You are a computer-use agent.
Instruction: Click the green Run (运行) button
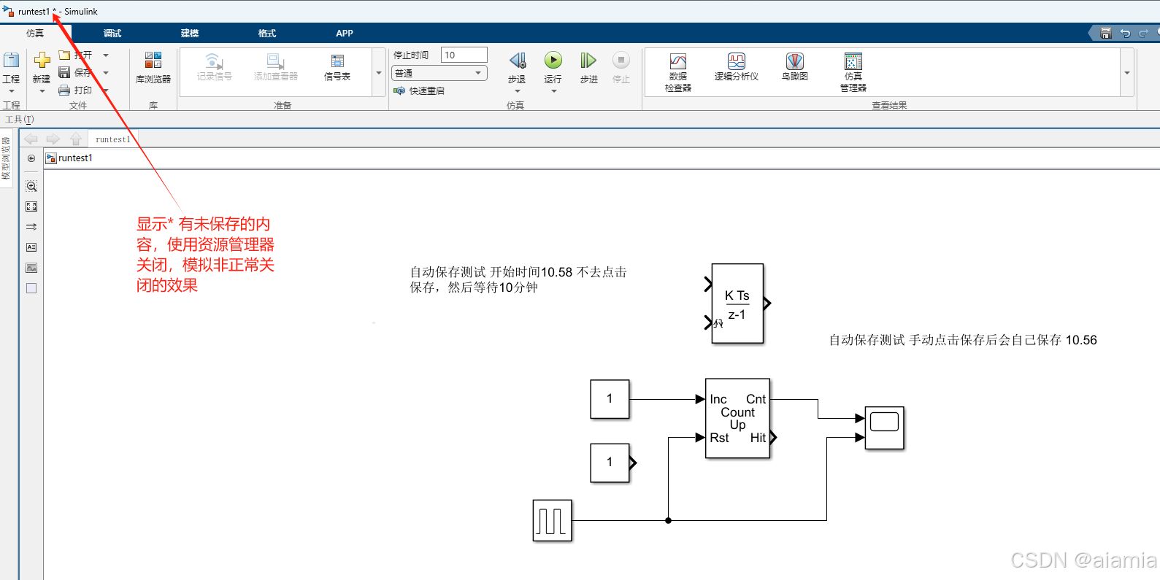[553, 61]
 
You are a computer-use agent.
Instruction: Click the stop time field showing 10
[464, 55]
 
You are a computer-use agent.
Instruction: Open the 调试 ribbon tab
[112, 34]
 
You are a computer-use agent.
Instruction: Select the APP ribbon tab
[345, 34]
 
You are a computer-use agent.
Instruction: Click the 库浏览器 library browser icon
[153, 61]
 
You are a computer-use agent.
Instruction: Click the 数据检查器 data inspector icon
[678, 62]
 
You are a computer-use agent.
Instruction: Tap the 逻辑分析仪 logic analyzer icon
[737, 62]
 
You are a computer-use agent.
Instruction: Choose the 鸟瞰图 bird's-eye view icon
[795, 62]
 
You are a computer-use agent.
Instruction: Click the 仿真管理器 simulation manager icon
[853, 62]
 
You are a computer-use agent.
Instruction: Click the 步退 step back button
[517, 61]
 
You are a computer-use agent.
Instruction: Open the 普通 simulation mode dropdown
[439, 73]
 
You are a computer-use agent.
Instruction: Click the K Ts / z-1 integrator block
[737, 303]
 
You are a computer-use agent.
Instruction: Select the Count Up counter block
[737, 418]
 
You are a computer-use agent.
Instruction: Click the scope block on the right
[884, 428]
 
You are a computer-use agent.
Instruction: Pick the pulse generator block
[552, 520]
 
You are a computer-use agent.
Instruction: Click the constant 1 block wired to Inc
[610, 399]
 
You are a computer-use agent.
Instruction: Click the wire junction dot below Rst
[668, 520]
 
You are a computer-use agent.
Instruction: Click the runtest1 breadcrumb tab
[112, 139]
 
